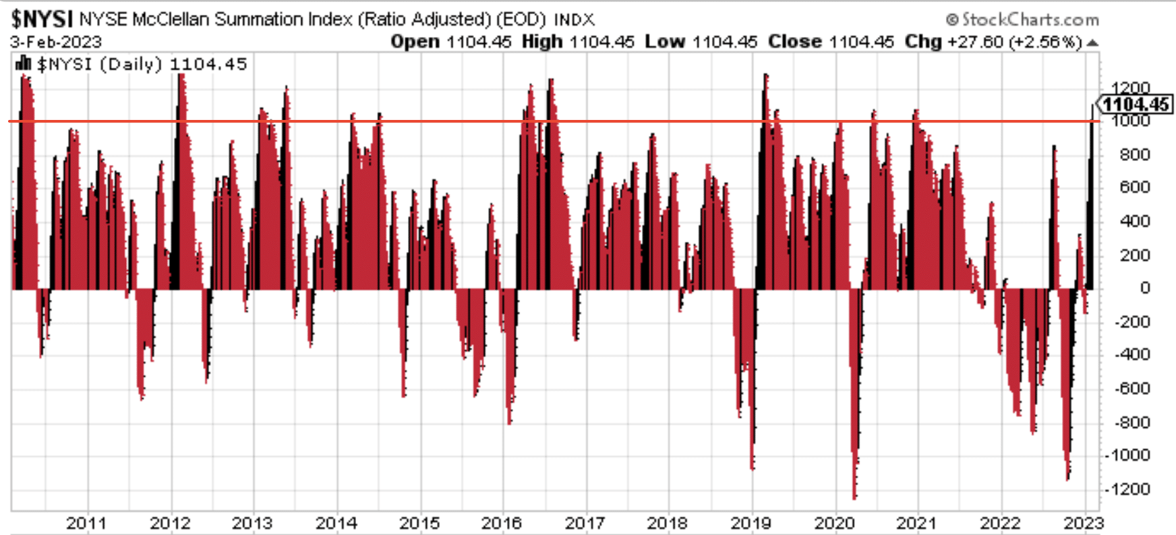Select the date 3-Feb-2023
pos(55,42)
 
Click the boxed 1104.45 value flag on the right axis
pos(1136,104)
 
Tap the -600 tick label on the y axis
pos(1128,389)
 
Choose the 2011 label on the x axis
pos(86,523)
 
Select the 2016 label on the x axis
pos(502,523)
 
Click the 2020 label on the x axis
pos(834,523)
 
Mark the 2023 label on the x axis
pos(1084,523)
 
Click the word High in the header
pos(542,42)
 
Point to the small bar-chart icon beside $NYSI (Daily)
pos(23,64)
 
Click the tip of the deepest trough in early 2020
pos(854,498)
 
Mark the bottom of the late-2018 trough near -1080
pos(752,468)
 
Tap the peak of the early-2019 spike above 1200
pos(765,75)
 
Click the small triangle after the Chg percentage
pos(1093,42)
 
